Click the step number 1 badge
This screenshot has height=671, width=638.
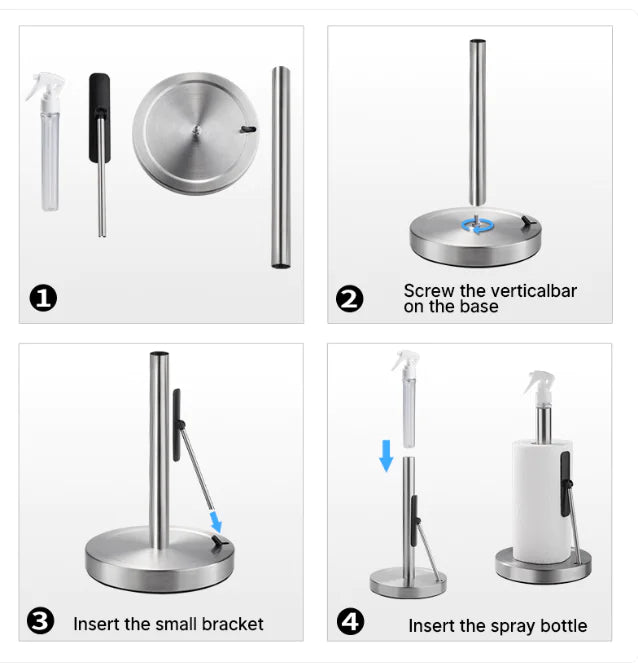[43, 298]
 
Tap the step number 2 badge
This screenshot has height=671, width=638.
[350, 298]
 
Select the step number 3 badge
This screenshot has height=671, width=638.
[41, 623]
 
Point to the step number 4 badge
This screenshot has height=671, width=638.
[350, 623]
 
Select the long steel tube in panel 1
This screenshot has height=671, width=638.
[281, 166]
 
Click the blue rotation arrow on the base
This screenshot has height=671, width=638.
[476, 226]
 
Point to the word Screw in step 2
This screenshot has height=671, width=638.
[428, 291]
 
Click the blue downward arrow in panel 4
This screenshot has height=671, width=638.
[386, 457]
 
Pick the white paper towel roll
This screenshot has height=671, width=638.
[541, 500]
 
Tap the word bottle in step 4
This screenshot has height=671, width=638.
[561, 627]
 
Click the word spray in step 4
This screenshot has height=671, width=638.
[509, 627]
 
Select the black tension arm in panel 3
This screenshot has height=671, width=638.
[177, 425]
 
